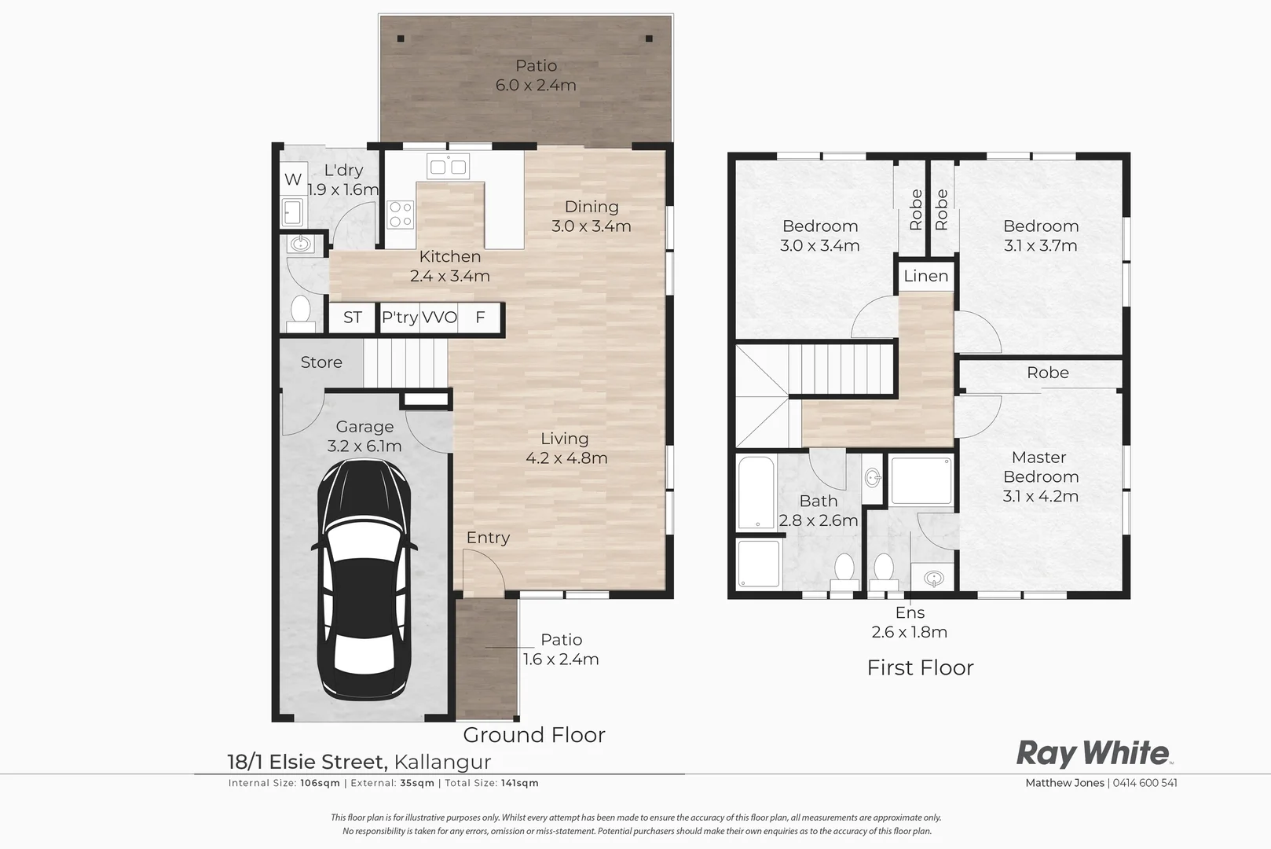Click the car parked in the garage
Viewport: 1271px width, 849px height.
[365, 579]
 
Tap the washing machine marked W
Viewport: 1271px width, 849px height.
[293, 179]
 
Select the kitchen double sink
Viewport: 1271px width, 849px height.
[448, 167]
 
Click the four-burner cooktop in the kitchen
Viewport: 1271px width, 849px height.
[400, 215]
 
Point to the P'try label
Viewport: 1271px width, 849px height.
[399, 318]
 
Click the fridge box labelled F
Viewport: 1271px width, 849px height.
[480, 318]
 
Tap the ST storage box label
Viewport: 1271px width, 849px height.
[352, 318]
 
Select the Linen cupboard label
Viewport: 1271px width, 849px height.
[926, 276]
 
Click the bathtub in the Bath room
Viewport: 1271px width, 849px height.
[756, 493]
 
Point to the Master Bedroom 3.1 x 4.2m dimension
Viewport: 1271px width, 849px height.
[1040, 496]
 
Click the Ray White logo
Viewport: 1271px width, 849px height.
[1093, 753]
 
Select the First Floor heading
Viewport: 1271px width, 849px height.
[920, 667]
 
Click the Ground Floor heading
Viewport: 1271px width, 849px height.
[533, 735]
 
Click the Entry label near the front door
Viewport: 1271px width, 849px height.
[488, 538]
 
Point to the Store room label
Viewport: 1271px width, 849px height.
[321, 362]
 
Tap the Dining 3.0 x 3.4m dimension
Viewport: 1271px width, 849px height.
[591, 226]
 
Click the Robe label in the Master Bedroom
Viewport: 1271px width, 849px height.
[1047, 373]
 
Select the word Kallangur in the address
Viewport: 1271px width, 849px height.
[442, 762]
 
